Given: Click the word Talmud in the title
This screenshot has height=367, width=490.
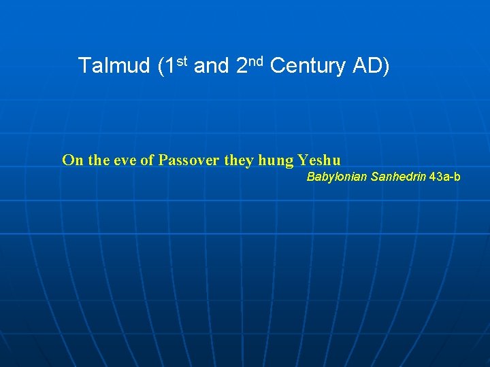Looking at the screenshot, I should tap(114, 66).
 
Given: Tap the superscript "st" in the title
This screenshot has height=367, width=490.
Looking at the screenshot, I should tap(181, 61).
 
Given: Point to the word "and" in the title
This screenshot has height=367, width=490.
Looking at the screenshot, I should tap(211, 66).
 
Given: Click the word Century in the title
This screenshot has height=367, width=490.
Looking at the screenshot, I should tap(308, 66).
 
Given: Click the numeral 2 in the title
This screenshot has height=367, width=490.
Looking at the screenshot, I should tap(242, 66).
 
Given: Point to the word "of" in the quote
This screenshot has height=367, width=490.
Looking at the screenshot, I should tap(148, 160).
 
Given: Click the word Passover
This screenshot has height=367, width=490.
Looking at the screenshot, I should tap(189, 160).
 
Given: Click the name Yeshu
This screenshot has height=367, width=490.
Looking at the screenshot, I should tap(319, 160).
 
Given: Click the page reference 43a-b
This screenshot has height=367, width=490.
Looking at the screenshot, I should tap(445, 177).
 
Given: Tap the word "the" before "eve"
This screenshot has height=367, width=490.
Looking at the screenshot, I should tap(98, 160).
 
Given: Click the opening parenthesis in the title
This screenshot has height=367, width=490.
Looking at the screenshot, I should tap(160, 67).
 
